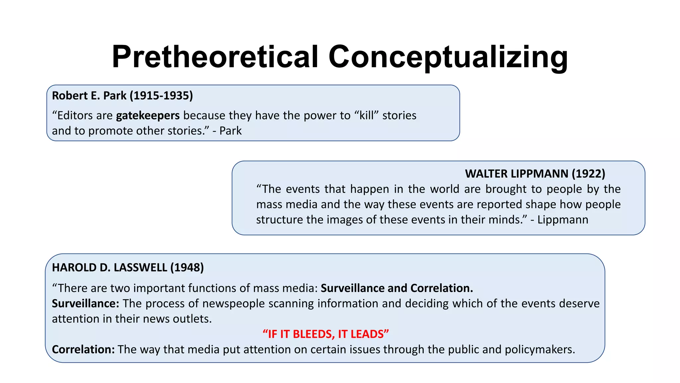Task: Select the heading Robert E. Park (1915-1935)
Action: click(x=122, y=96)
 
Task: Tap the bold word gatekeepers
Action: click(x=148, y=115)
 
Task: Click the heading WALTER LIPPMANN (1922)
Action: click(x=535, y=174)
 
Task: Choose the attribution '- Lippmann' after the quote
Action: click(x=559, y=220)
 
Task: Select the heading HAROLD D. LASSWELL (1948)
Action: click(x=128, y=268)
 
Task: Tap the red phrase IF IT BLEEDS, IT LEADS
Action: click(x=326, y=334)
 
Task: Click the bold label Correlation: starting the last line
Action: click(x=83, y=349)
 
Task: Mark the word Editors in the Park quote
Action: click(x=75, y=115)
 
